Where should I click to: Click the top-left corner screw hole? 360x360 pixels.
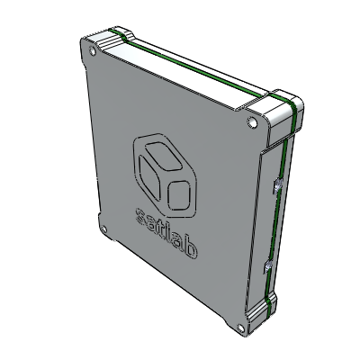click(93, 51)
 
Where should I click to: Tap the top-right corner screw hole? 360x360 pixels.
click(252, 122)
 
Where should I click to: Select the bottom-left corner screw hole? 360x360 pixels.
click(103, 229)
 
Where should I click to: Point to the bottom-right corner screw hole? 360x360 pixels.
click(240, 328)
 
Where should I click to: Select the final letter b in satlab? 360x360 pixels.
click(190, 247)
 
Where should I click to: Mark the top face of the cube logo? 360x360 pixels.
click(163, 156)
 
